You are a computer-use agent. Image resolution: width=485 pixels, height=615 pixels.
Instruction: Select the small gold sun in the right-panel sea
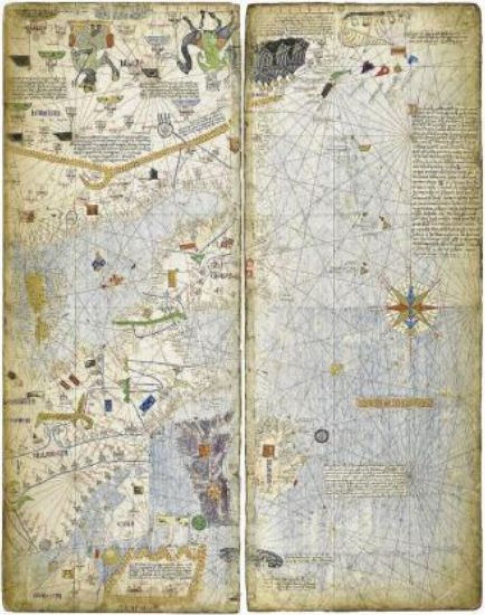click(336, 369)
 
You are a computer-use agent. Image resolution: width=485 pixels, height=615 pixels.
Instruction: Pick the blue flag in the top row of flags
click(412, 60)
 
